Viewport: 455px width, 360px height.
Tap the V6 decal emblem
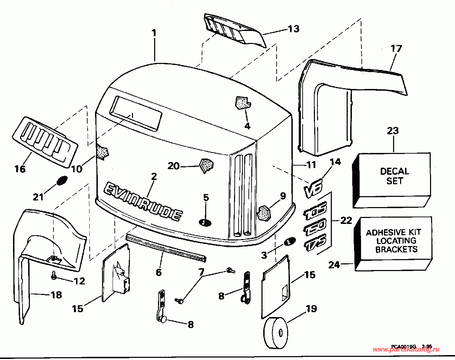[313, 189]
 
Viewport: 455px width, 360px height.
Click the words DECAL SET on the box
[394, 176]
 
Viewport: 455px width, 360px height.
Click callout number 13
[293, 29]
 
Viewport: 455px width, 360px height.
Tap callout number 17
[396, 49]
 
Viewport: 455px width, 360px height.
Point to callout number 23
[393, 131]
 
